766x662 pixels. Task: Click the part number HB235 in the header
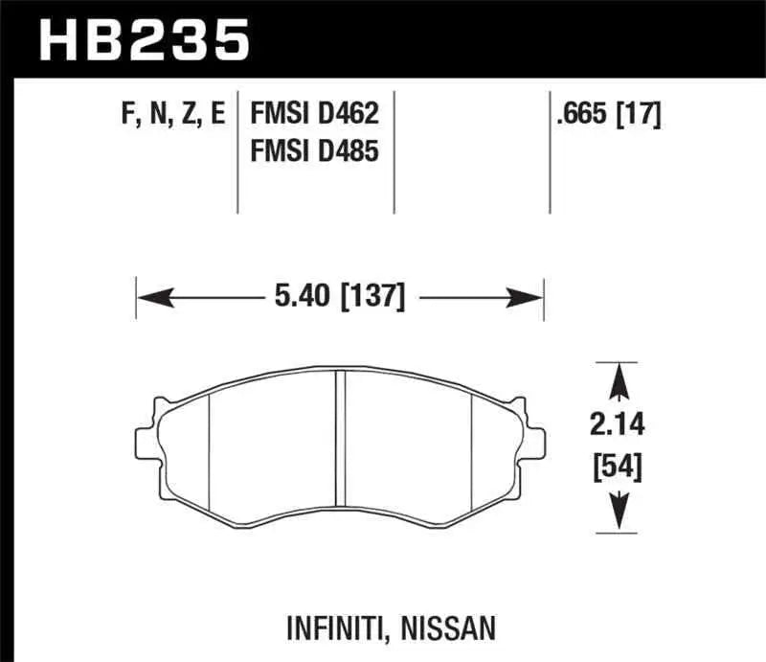pyautogui.click(x=144, y=39)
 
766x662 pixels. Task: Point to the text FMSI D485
pyautogui.click(x=315, y=150)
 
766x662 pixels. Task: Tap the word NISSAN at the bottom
pyautogui.click(x=450, y=628)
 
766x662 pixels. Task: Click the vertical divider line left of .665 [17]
pyautogui.click(x=549, y=153)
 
